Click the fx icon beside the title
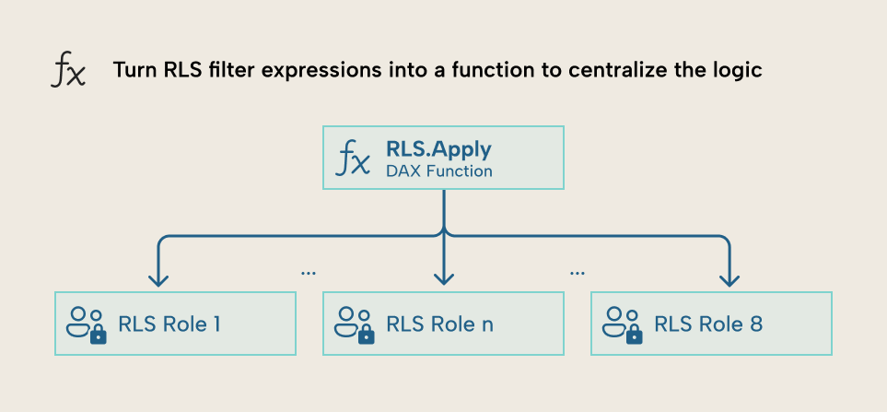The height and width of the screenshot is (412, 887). click(x=67, y=71)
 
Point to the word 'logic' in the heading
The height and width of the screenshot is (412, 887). click(x=737, y=71)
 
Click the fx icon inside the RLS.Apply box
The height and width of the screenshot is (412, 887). click(x=355, y=159)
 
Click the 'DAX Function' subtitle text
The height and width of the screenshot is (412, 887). click(x=438, y=171)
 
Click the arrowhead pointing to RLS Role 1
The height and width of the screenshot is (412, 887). click(x=159, y=278)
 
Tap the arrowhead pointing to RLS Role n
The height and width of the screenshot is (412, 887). click(x=444, y=278)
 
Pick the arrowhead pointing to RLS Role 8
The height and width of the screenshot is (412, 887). click(x=729, y=278)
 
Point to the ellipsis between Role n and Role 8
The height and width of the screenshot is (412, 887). click(x=578, y=273)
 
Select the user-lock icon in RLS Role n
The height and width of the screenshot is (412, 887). click(x=355, y=324)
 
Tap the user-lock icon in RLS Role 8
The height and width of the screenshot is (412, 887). click(x=623, y=324)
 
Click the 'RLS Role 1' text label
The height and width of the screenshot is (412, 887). click(x=169, y=324)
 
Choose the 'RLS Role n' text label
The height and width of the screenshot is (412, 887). click(x=438, y=324)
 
